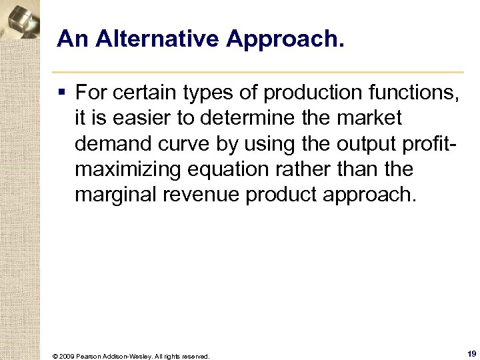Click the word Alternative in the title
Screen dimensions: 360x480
(x=156, y=39)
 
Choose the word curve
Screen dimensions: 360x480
(x=181, y=143)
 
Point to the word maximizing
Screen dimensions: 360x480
(x=127, y=169)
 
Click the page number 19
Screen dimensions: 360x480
(x=471, y=354)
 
